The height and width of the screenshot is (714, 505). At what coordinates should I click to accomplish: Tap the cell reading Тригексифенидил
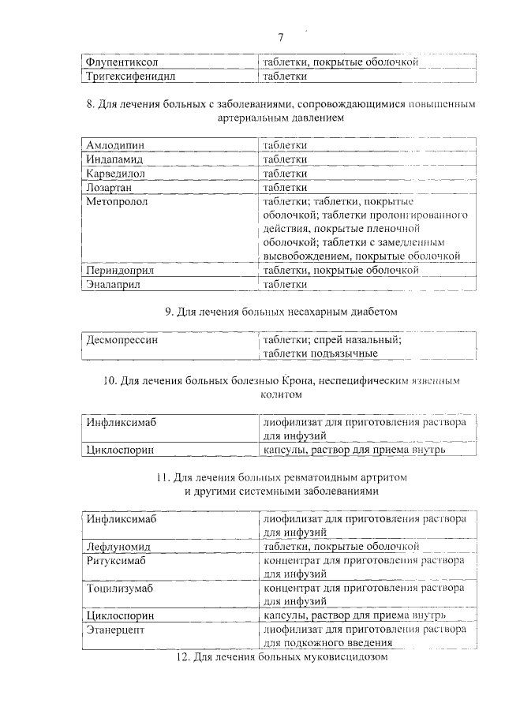(129, 77)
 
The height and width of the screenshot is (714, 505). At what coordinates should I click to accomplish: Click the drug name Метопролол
(118, 202)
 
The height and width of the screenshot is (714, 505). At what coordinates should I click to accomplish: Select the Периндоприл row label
(121, 271)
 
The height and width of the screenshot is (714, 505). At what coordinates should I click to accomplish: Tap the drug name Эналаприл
(114, 285)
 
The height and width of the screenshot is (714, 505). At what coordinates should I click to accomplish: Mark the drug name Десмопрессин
(122, 340)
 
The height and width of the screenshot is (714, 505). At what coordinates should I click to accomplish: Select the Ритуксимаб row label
(120, 560)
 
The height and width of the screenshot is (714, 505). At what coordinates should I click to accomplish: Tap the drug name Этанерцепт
(117, 630)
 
